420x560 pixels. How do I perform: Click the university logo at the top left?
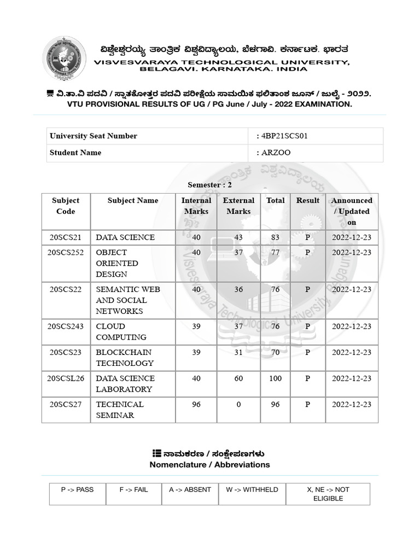(x=65, y=59)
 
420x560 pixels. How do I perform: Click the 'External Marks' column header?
(x=238, y=206)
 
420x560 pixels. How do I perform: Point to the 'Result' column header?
(x=307, y=201)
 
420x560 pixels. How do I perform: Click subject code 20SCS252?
(x=66, y=253)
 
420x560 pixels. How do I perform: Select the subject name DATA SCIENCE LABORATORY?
(x=124, y=384)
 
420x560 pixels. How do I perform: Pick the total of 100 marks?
(x=275, y=378)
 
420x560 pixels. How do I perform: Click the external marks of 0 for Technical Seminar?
(x=238, y=405)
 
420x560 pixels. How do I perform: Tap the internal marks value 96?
(x=196, y=405)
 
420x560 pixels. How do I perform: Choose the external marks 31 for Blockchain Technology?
(x=238, y=353)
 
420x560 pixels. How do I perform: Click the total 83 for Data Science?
(x=275, y=237)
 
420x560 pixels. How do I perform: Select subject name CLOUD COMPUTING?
(x=121, y=332)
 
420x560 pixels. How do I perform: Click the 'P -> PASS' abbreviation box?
(x=77, y=490)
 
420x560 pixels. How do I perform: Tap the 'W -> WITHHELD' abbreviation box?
(x=252, y=490)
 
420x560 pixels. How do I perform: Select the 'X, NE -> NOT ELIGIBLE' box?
(x=328, y=494)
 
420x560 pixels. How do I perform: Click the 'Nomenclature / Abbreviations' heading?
(x=209, y=465)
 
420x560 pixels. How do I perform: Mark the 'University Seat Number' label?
(x=94, y=136)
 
